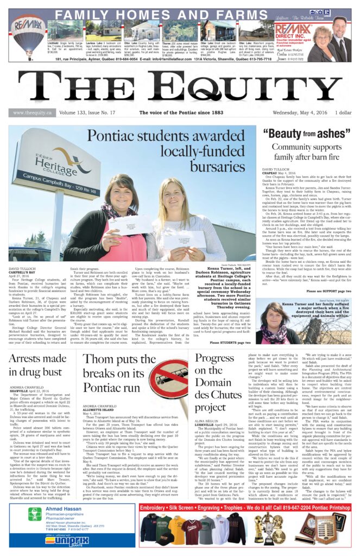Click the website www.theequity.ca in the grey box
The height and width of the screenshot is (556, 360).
coord(31,113)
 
